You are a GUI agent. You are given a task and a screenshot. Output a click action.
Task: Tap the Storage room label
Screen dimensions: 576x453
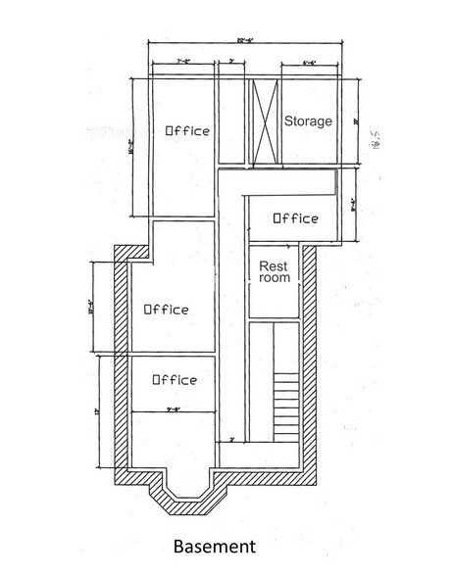[x=308, y=121]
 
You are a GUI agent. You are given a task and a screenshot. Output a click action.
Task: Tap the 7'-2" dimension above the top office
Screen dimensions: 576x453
[x=182, y=62]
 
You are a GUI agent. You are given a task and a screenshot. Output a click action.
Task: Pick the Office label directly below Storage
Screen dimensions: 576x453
[x=294, y=217]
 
